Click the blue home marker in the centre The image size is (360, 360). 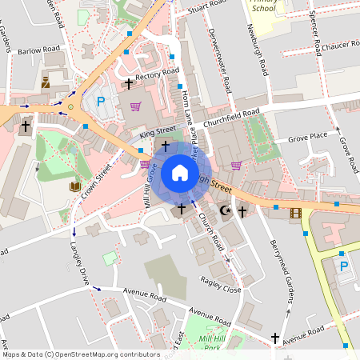coord(179,173)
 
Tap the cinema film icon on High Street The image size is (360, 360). coord(297,213)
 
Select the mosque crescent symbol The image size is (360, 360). coord(226,212)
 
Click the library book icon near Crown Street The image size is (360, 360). coord(74,186)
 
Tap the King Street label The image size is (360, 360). coord(157,130)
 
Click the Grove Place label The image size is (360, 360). coord(308,136)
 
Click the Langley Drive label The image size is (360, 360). coord(79,261)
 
